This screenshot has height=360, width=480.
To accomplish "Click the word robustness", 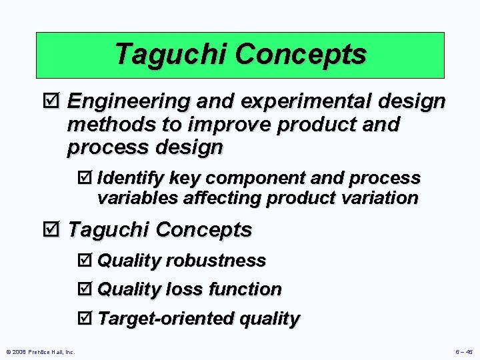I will tap(217, 260).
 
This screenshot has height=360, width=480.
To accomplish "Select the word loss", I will tap(186, 289).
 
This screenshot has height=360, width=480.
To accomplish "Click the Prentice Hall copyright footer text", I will tap(39, 352).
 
